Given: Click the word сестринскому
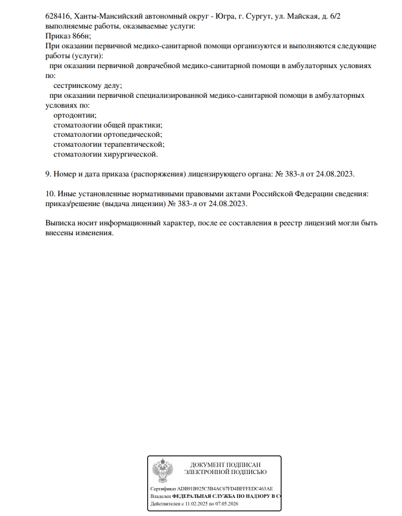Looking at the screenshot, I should coord(78,85).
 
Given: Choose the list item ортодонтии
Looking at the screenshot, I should coord(75,115).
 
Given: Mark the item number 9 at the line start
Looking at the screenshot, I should coord(48,174).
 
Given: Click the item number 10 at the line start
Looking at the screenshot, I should coord(49,193).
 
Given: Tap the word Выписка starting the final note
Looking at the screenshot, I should coord(60,222).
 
